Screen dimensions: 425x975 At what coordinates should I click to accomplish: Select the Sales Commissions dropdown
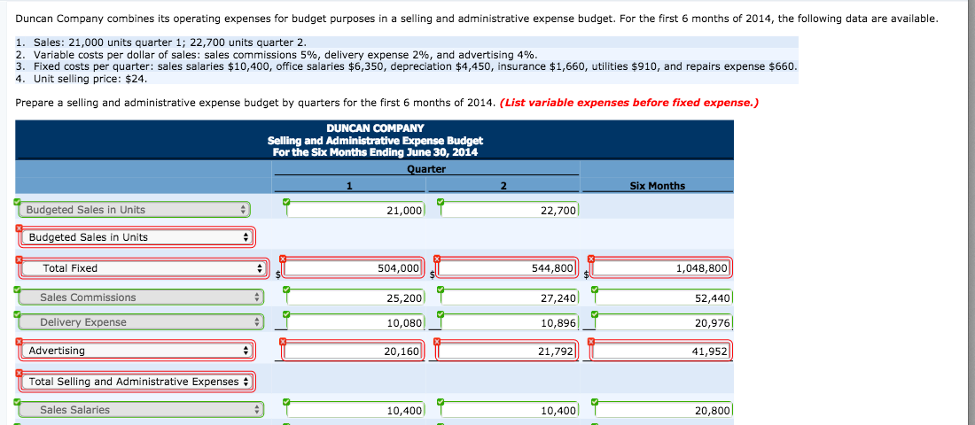coord(134,297)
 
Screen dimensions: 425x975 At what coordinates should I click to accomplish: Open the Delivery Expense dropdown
coord(134,322)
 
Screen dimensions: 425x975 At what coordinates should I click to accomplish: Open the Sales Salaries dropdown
coord(134,410)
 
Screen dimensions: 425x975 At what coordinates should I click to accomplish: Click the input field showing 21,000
coord(355,210)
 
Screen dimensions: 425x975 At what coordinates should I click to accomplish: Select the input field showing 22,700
coord(510,210)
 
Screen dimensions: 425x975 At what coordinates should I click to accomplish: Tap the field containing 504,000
coord(355,268)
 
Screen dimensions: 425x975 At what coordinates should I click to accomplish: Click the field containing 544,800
coord(509,268)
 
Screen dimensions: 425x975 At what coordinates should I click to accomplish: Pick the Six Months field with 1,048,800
coord(662,268)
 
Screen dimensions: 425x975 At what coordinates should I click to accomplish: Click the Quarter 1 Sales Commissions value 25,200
coord(355,298)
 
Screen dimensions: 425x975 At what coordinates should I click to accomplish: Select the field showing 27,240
coord(510,298)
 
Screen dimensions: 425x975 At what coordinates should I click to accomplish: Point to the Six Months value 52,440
coord(663,298)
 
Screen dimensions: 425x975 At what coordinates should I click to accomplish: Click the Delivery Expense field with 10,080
coord(355,323)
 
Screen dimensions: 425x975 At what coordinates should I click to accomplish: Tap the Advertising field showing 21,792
coord(509,352)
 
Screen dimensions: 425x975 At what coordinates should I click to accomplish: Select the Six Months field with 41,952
coord(662,352)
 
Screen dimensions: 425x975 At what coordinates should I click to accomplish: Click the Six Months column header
coord(656,186)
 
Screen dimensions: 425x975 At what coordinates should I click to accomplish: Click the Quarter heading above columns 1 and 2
coord(426,169)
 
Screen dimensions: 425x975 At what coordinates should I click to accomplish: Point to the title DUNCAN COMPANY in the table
coord(375,128)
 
